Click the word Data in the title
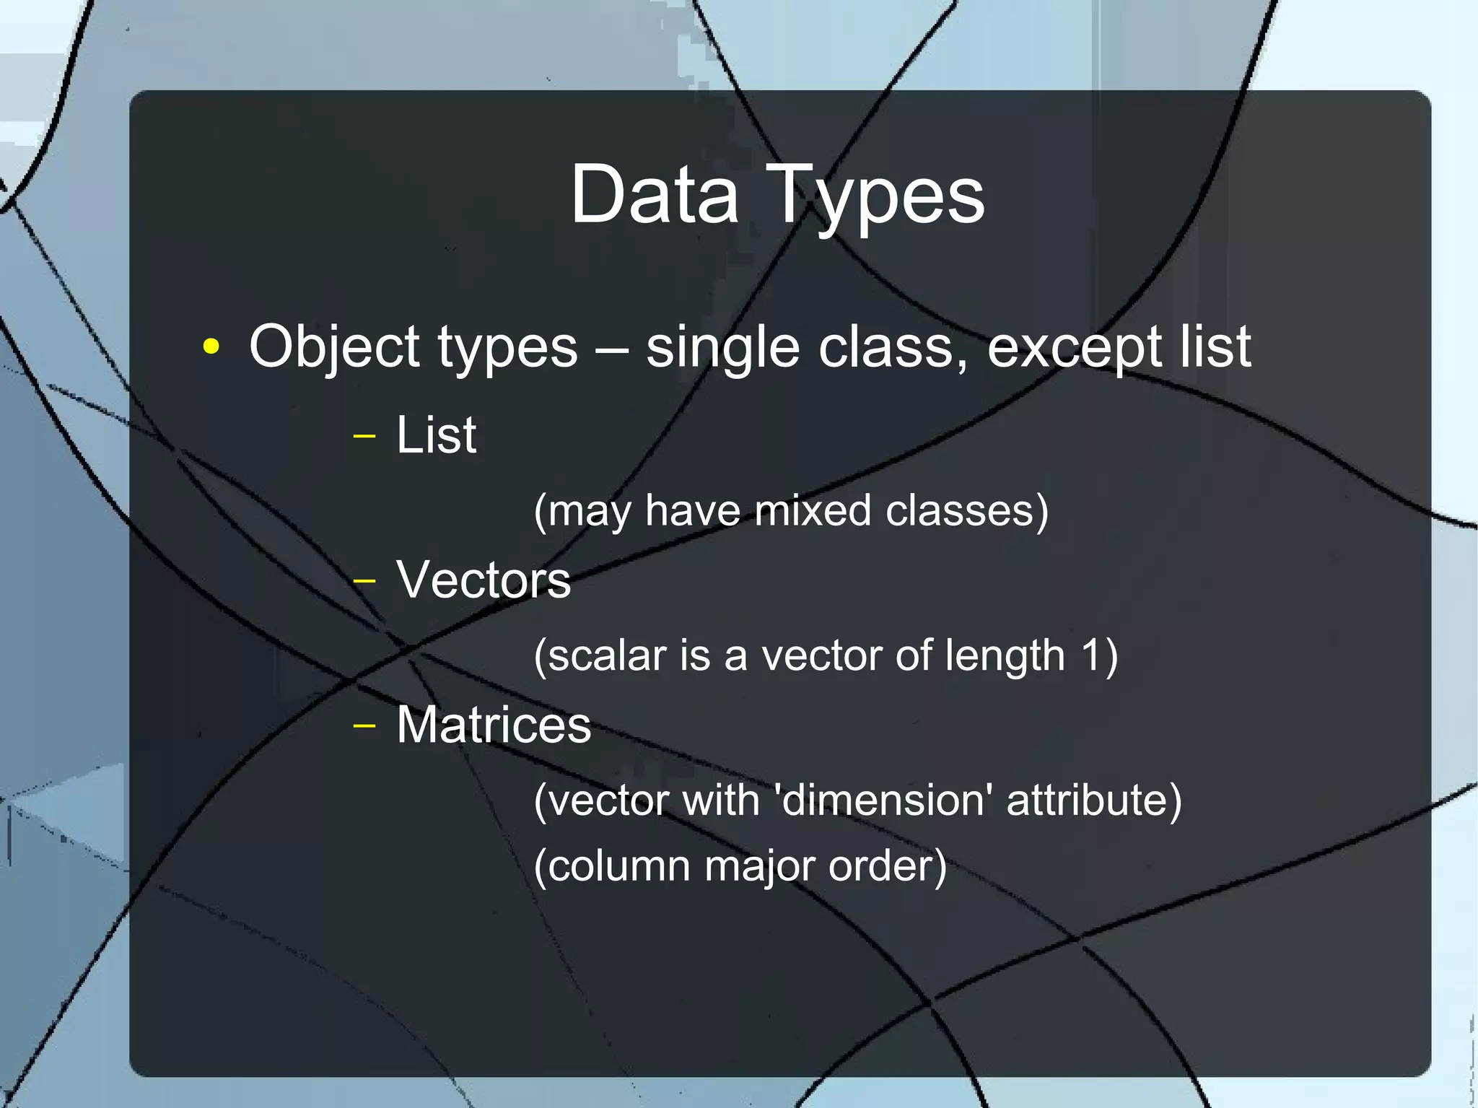(x=655, y=194)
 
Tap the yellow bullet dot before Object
(x=211, y=346)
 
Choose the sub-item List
(x=436, y=435)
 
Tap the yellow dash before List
(x=364, y=436)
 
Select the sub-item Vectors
(x=484, y=580)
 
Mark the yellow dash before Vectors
(x=364, y=580)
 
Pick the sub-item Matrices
(x=494, y=725)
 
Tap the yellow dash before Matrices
(x=364, y=725)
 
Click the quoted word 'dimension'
(x=882, y=800)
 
